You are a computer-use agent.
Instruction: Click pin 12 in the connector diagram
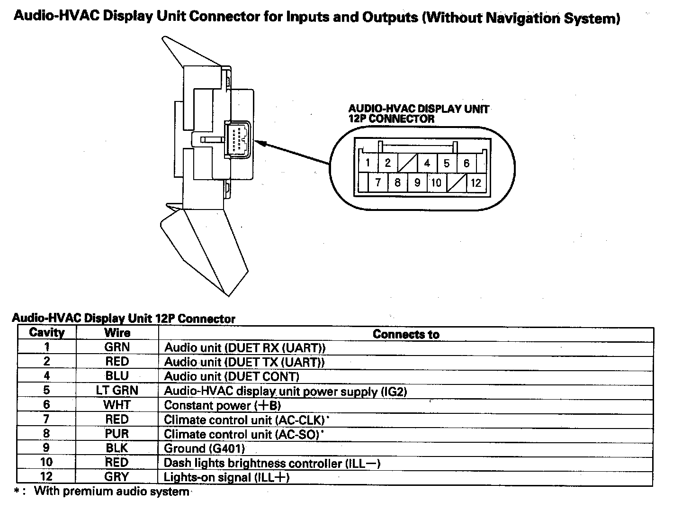[476, 182]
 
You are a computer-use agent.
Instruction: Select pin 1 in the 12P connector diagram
[368, 164]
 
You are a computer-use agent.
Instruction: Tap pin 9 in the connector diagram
[417, 182]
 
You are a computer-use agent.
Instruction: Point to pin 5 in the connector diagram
[447, 164]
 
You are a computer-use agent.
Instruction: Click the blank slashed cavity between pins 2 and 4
[407, 164]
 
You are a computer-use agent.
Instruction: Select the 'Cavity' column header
[46, 333]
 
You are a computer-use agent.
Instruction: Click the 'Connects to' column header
[406, 334]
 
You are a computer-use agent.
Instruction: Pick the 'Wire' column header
[117, 333]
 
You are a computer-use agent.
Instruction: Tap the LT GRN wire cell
[117, 391]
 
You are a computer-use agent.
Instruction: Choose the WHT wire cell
[117, 405]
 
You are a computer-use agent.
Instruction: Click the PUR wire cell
[117, 434]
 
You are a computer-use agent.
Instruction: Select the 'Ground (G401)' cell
[205, 448]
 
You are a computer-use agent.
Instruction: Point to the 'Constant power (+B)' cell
[223, 405]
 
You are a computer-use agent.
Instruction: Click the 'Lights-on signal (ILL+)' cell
[226, 477]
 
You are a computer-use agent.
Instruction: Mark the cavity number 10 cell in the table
[46, 463]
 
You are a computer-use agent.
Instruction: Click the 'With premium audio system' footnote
[111, 492]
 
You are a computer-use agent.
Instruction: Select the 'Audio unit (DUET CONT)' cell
[232, 376]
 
